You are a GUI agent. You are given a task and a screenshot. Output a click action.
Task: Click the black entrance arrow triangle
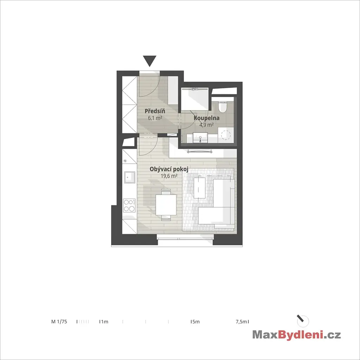click(x=149, y=61)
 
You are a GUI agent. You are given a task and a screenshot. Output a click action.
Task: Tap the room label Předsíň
click(x=155, y=111)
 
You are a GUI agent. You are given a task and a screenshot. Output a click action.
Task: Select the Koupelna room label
click(x=206, y=118)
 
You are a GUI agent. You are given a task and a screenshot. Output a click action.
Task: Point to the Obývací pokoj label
click(x=169, y=169)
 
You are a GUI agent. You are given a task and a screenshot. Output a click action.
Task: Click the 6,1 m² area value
click(x=155, y=118)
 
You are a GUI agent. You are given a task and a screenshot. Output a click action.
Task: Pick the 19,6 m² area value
click(x=169, y=176)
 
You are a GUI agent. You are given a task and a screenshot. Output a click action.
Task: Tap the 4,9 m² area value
click(x=206, y=125)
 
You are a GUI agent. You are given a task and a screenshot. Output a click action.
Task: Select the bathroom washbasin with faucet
click(x=200, y=138)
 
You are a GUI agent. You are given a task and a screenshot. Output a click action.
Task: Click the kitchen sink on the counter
click(x=129, y=177)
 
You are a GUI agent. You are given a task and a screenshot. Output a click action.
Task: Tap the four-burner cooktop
click(x=129, y=206)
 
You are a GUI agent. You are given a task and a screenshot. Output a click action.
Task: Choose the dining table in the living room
click(x=166, y=205)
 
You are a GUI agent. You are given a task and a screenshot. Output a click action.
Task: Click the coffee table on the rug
click(x=200, y=187)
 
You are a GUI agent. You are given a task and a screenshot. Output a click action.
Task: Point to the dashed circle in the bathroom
click(x=226, y=135)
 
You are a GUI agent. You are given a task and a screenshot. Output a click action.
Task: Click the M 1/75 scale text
click(x=59, y=322)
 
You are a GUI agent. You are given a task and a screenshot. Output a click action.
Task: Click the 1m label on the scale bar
click(x=104, y=322)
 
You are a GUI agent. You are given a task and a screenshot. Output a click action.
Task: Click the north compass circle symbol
click(x=303, y=321)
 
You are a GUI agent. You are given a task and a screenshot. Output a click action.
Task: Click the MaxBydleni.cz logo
click(x=296, y=335)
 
